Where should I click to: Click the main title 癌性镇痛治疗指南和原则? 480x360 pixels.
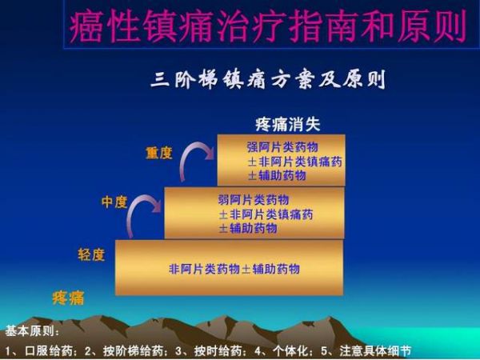click(268, 26)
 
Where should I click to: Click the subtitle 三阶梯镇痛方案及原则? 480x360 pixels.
click(268, 79)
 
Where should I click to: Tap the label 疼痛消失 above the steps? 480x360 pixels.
click(288, 124)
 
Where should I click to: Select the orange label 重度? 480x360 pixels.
click(159, 153)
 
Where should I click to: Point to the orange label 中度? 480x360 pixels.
click(114, 202)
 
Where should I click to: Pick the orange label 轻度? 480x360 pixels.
click(91, 254)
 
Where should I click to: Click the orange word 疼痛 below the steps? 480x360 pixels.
click(68, 298)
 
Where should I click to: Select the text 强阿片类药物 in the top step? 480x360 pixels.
click(282, 147)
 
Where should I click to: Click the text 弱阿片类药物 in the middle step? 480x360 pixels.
click(254, 200)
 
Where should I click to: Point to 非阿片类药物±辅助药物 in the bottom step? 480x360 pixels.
click(234, 269)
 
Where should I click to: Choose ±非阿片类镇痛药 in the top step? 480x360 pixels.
click(294, 162)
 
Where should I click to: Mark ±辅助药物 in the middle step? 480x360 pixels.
click(248, 228)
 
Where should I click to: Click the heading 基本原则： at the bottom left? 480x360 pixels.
click(33, 331)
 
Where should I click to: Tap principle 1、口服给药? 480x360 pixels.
click(41, 351)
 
